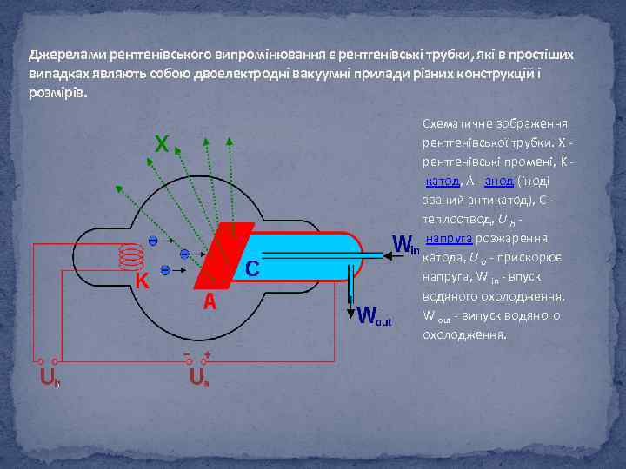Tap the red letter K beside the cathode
point(142,281)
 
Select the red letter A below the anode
point(210,302)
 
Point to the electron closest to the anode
point(183,254)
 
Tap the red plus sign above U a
point(207,354)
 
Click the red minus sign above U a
point(187,353)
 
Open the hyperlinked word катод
point(442,181)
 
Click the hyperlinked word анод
point(498,181)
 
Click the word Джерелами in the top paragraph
point(63,54)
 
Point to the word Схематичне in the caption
point(457,124)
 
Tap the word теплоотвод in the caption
point(455,219)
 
